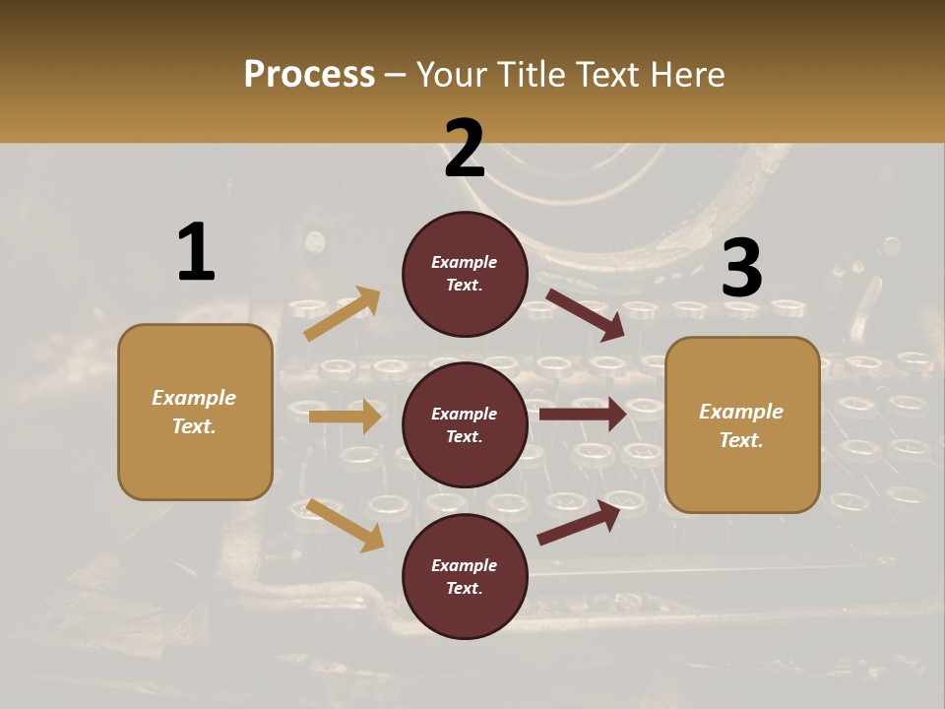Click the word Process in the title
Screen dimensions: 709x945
tap(309, 75)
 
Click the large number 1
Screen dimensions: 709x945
tap(196, 253)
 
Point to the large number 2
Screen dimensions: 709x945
tap(465, 149)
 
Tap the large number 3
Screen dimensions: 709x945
tap(741, 268)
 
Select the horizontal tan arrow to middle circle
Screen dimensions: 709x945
tap(345, 417)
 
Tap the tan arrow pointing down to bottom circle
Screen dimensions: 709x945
tap(345, 524)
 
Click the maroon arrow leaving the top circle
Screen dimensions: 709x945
tap(586, 315)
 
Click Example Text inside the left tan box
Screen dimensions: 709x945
tap(194, 412)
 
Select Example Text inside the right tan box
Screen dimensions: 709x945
tap(741, 425)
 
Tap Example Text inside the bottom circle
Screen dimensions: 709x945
tap(465, 577)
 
